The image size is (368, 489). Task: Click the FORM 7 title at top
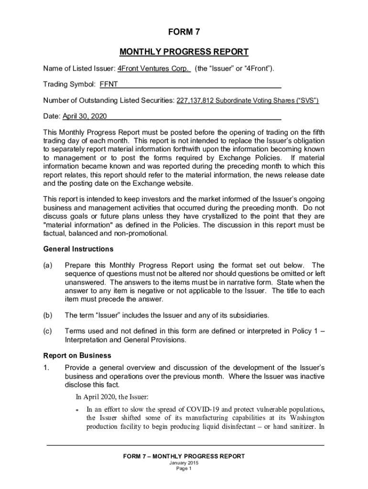pyautogui.click(x=184, y=32)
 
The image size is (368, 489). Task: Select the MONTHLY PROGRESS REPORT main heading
pyautogui.click(x=184, y=52)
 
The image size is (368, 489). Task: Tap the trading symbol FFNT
pyautogui.click(x=108, y=85)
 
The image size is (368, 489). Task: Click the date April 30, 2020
pyautogui.click(x=82, y=117)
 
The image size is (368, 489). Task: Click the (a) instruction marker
pyautogui.click(x=48, y=265)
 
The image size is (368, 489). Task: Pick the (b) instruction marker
pyautogui.click(x=48, y=315)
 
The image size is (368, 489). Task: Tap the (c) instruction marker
pyautogui.click(x=48, y=331)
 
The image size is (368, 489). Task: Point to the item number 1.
pyautogui.click(x=46, y=367)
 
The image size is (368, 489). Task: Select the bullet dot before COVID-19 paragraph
pyautogui.click(x=77, y=410)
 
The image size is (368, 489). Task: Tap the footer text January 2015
pyautogui.click(x=184, y=463)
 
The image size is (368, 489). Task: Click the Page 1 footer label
pyautogui.click(x=184, y=469)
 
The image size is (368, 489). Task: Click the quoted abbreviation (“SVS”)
pyautogui.click(x=305, y=101)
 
